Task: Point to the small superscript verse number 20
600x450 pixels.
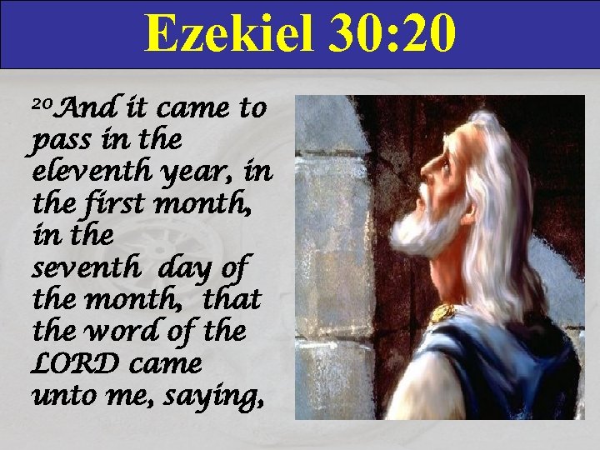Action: pyautogui.click(x=42, y=105)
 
